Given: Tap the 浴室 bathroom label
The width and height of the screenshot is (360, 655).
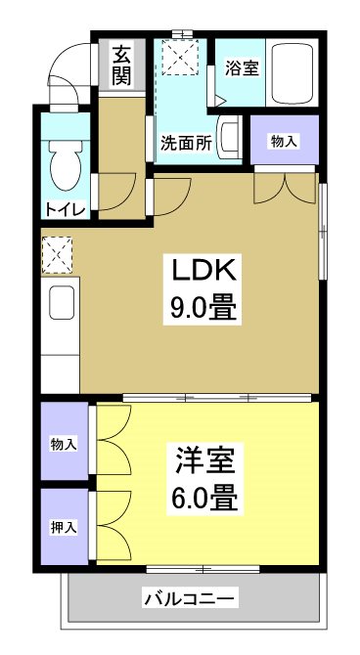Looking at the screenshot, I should point(240,68).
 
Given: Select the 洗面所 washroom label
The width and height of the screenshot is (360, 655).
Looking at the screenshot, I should point(186,141).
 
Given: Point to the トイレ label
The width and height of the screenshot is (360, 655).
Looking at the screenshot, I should point(65,209).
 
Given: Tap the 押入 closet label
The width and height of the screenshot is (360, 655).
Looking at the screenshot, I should point(64,527).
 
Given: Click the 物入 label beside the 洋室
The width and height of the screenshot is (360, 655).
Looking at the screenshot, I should point(64,444).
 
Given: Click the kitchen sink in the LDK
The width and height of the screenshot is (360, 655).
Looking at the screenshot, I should point(61,305).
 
